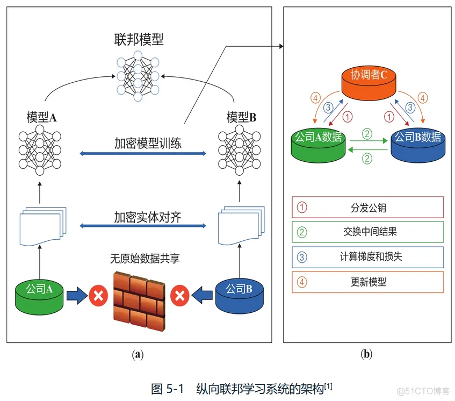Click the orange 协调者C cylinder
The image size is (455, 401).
pyautogui.click(x=369, y=83)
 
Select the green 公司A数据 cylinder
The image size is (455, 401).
pyautogui.click(x=319, y=145)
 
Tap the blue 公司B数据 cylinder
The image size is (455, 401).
pyautogui.click(x=418, y=145)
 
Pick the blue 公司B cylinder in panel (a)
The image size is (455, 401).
pyautogui.click(x=240, y=296)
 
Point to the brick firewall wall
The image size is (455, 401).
pyautogui.click(x=139, y=301)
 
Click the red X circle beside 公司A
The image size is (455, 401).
pyautogui.click(x=98, y=296)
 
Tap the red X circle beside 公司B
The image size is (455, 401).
pyautogui.click(x=179, y=296)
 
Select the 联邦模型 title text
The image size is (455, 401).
pyautogui.click(x=139, y=39)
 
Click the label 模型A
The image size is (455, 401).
pyautogui.click(x=41, y=117)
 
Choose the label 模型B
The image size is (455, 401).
pyautogui.click(x=241, y=117)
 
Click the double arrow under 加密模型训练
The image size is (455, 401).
pyautogui.click(x=143, y=153)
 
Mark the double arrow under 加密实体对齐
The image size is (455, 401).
pyautogui.click(x=143, y=226)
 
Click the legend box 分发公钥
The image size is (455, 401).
pyautogui.click(x=367, y=207)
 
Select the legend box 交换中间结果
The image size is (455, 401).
pyautogui.click(x=367, y=232)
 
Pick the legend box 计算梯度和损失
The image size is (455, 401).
pyautogui.click(x=367, y=257)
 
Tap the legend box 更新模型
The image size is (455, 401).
pyautogui.click(x=367, y=282)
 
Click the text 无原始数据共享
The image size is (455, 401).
pyautogui.click(x=145, y=259)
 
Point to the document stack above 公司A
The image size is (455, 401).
pyautogui.click(x=43, y=226)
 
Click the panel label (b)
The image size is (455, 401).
pyautogui.click(x=366, y=354)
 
